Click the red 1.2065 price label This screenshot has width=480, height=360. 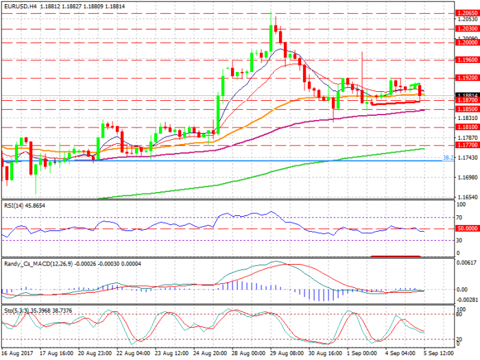[466, 12]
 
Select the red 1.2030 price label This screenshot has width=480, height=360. [466, 29]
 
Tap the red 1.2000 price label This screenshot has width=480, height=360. [466, 42]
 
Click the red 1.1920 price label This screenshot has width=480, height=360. [466, 77]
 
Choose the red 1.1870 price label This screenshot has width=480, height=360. [466, 100]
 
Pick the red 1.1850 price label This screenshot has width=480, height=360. [466, 109]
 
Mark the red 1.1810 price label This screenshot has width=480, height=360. [466, 128]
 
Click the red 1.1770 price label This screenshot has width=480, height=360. [466, 145]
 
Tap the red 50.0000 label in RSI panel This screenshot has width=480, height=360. [466, 228]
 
